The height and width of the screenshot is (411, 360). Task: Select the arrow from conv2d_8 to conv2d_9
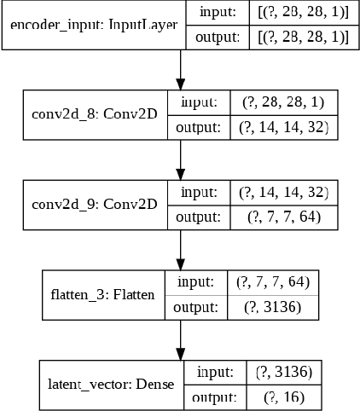click(x=180, y=160)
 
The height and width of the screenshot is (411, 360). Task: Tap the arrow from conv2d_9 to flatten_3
click(x=180, y=250)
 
